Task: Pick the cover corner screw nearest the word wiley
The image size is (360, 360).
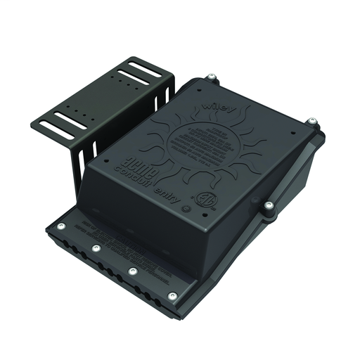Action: point(210,78)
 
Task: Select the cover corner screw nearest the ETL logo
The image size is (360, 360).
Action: point(269,206)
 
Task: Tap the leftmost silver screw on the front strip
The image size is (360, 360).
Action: point(61,226)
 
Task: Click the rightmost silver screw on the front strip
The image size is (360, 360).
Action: point(172,296)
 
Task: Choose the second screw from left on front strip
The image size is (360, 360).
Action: point(96,247)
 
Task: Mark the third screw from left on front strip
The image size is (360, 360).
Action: point(132,271)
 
